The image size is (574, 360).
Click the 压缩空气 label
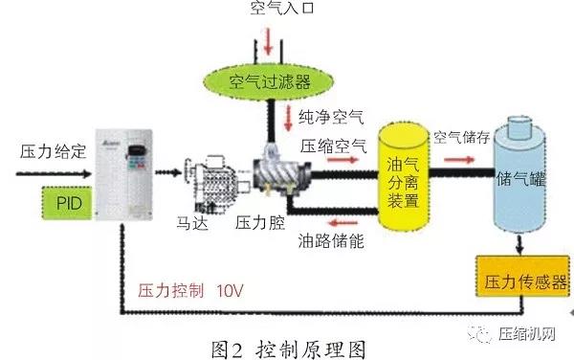click(334, 146)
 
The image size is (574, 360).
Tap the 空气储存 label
click(462, 137)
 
